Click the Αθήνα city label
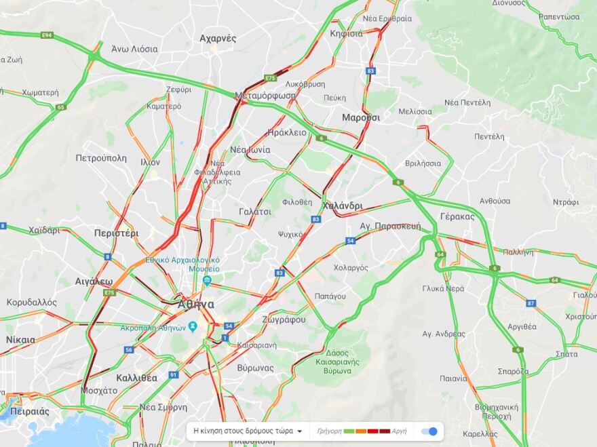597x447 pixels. [x=196, y=305]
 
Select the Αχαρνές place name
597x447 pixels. [x=218, y=39]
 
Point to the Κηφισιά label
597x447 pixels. [x=346, y=33]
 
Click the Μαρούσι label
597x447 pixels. [x=361, y=117]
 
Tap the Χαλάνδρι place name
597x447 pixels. [x=343, y=206]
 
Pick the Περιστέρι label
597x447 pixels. [x=116, y=233]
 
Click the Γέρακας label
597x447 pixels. [x=457, y=216]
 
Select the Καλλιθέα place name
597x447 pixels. [x=136, y=378]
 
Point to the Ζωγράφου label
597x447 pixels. [x=284, y=319]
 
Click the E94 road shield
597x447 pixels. [x=47, y=35]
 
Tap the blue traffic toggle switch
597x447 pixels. [x=429, y=431]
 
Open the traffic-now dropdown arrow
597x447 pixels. [x=299, y=431]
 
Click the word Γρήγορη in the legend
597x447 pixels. [x=329, y=431]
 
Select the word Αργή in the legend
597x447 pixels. [x=400, y=431]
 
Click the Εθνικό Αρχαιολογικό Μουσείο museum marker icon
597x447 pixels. [x=208, y=280]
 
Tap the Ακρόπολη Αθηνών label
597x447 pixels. [x=153, y=328]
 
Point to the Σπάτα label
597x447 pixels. [x=566, y=354]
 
